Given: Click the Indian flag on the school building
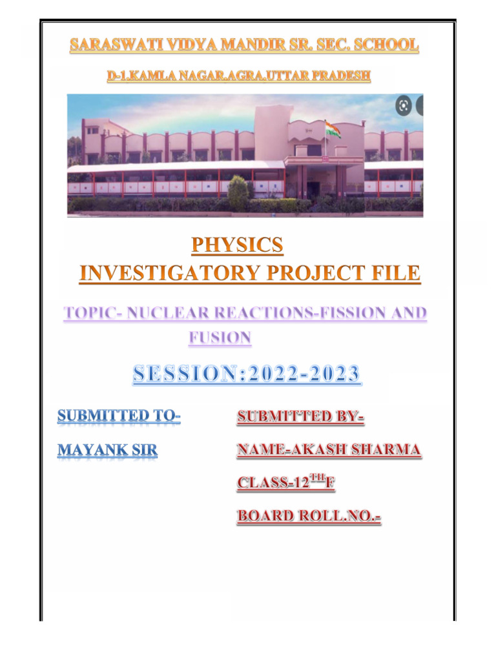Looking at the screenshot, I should pyautogui.click(x=334, y=128).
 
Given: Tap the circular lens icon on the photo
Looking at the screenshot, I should pyautogui.click(x=404, y=106).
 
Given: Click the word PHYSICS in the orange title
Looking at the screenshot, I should pyautogui.click(x=237, y=245).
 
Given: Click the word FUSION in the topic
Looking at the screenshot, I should pyautogui.click(x=220, y=337).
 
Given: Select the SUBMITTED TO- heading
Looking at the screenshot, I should pyautogui.click(x=119, y=416).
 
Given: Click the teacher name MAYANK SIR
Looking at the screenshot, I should pyautogui.click(x=107, y=449).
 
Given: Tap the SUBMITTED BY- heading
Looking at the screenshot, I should pyautogui.click(x=300, y=417).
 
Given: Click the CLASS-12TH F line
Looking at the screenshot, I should pyautogui.click(x=285, y=482).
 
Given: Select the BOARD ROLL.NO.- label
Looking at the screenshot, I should pyautogui.click(x=309, y=516).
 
